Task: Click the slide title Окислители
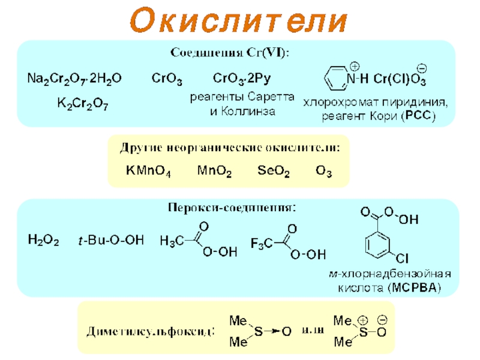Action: [x=239, y=21]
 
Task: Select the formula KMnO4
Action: [x=148, y=172]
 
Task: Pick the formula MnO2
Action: [x=214, y=172]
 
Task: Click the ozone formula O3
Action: [x=323, y=172]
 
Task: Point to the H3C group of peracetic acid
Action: [x=172, y=241]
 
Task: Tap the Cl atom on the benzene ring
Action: [x=402, y=259]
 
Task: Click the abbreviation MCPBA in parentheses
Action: [x=415, y=289]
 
